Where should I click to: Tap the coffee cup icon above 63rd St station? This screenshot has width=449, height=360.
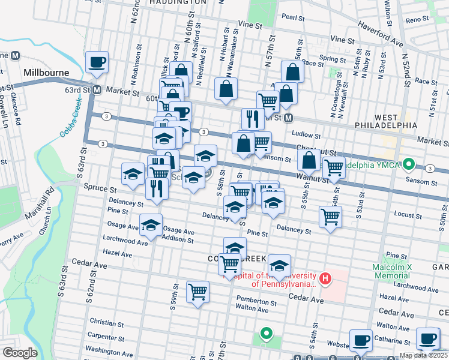point(97,62)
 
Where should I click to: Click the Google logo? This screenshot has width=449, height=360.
point(20,353)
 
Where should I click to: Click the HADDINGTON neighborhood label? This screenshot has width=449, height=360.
point(178,2)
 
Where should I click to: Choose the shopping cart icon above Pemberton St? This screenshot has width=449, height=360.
point(197,292)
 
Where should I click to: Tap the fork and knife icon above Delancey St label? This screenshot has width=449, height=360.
point(155,188)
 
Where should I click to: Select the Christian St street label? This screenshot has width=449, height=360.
point(105,323)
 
